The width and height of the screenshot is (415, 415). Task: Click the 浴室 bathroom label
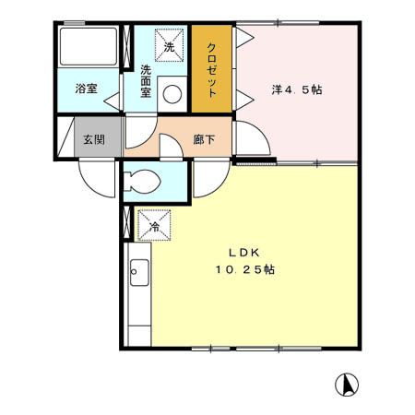pyautogui.click(x=86, y=89)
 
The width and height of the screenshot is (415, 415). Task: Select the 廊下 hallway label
pyautogui.click(x=204, y=139)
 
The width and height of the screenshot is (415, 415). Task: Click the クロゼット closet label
pyautogui.click(x=211, y=71)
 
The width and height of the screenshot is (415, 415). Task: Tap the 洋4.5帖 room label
pyautogui.click(x=298, y=90)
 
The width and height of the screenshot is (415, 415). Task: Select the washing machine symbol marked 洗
pyautogui.click(x=169, y=46)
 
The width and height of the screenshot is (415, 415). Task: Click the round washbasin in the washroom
pyautogui.click(x=172, y=92)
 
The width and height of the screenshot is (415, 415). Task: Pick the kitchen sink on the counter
pyautogui.click(x=139, y=274)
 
